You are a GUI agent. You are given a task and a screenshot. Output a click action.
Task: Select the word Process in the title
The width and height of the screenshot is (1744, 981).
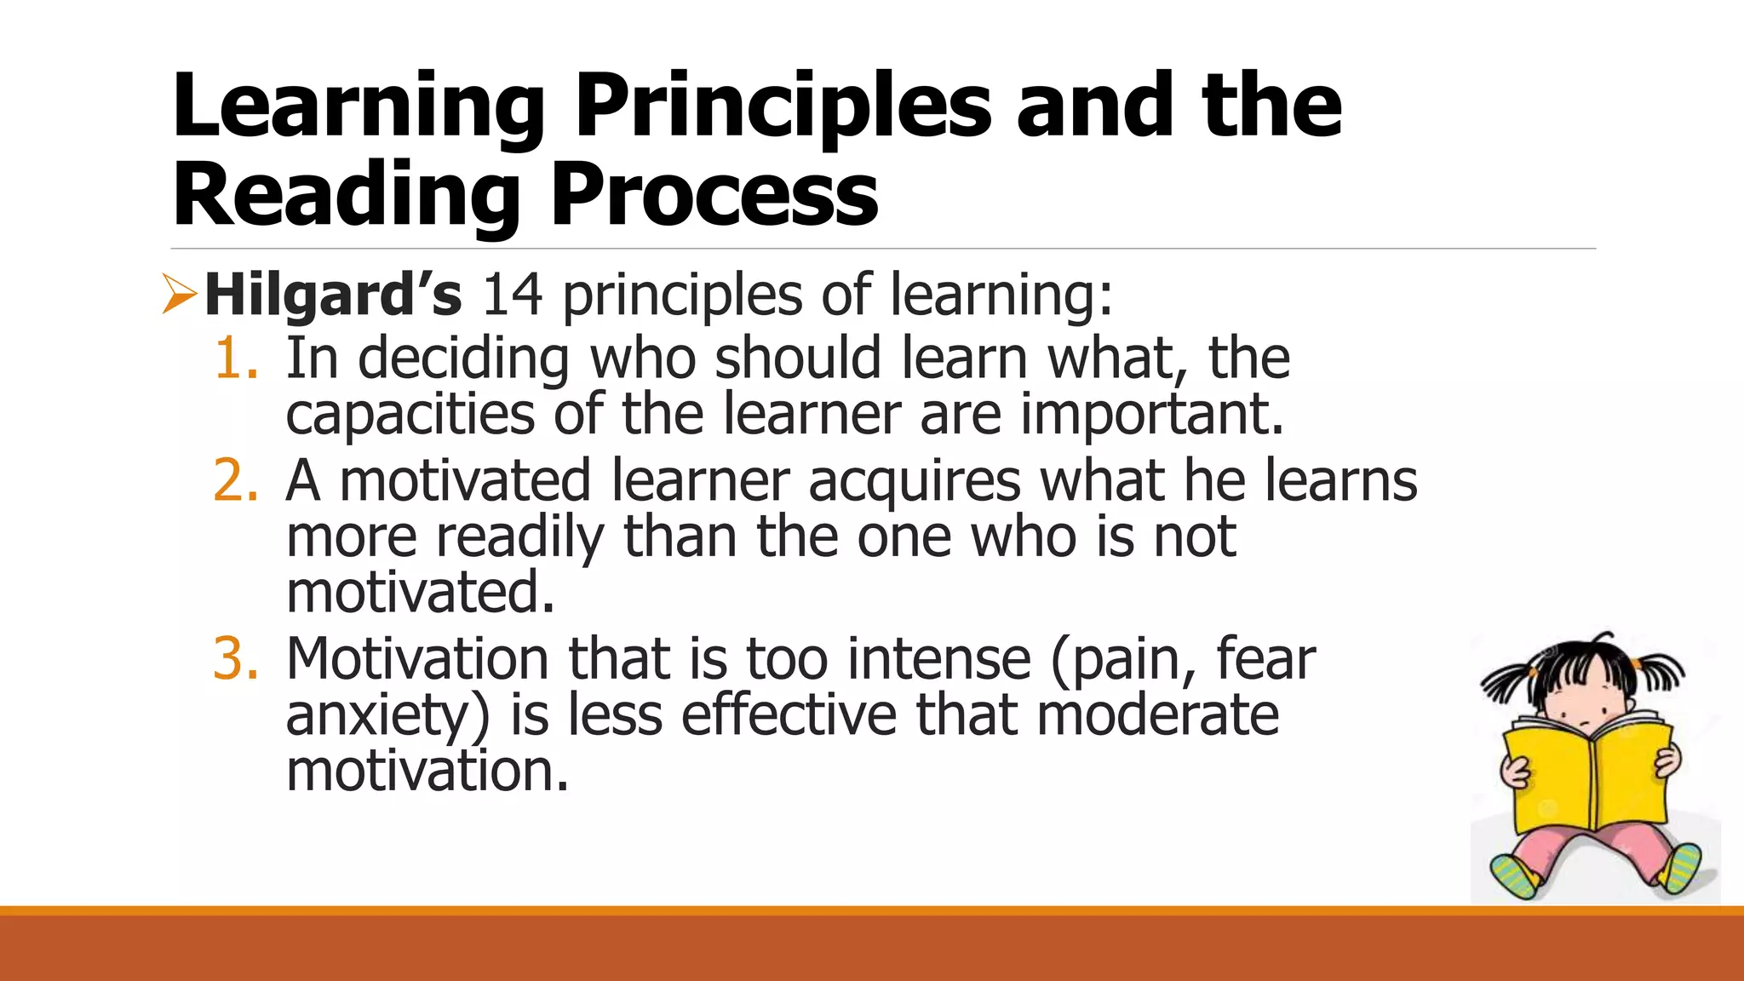714,196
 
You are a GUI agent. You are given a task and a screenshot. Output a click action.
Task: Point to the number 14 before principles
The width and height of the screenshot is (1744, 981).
513,295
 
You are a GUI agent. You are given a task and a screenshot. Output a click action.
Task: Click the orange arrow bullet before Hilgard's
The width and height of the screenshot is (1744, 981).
179,295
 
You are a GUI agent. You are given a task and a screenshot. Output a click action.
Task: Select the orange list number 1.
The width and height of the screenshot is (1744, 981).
233,358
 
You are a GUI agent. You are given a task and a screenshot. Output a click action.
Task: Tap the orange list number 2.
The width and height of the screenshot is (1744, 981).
233,480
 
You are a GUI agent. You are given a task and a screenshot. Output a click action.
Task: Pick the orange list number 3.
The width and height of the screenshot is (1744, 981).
233,659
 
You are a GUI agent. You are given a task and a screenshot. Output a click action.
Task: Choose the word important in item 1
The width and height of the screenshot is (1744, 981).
1151,415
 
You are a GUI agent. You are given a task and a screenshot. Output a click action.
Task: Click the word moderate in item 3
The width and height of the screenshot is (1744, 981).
1157,715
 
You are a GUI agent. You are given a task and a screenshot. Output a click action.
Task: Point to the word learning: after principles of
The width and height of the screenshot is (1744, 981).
1001,295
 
